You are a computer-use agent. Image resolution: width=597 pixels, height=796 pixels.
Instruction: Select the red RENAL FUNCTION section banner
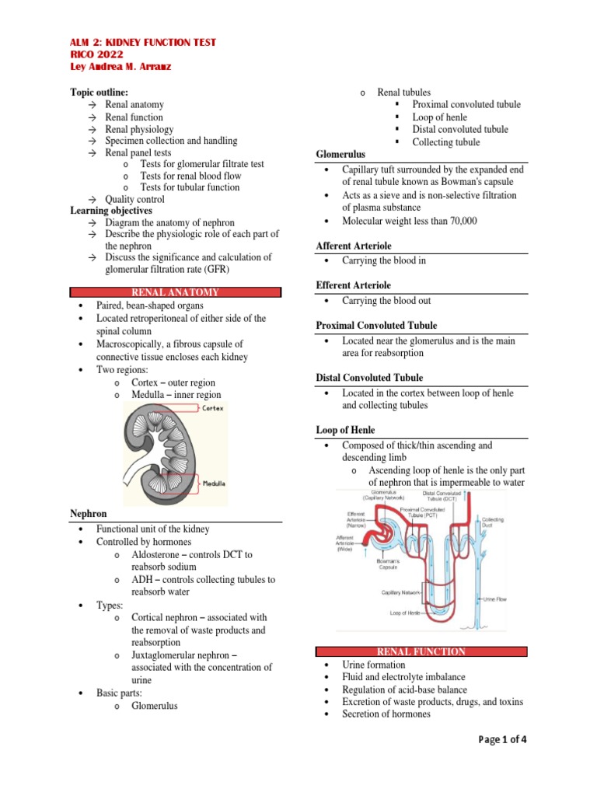pos(421,651)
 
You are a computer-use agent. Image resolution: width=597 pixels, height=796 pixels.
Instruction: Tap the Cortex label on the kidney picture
pos(212,408)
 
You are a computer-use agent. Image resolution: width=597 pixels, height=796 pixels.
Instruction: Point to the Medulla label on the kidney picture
pos(214,483)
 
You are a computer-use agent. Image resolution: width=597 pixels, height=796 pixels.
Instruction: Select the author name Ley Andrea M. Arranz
pos(120,67)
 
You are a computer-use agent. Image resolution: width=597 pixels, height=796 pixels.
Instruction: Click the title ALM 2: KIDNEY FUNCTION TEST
pos(144,42)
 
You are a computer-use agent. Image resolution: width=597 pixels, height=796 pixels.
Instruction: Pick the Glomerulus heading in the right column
pos(340,155)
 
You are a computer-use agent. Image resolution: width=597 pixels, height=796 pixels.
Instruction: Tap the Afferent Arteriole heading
pos(351,246)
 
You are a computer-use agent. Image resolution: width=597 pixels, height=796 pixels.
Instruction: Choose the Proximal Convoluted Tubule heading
pos(376,325)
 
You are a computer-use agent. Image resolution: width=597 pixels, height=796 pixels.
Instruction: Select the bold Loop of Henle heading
pos(345,430)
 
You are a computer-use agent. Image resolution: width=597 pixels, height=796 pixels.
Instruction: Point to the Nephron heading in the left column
pos(89,514)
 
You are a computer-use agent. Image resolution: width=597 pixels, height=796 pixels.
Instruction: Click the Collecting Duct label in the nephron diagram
pos(493,522)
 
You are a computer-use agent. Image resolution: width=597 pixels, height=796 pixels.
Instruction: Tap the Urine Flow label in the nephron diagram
pos(496,599)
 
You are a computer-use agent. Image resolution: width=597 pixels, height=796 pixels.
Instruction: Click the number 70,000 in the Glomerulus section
pos(457,221)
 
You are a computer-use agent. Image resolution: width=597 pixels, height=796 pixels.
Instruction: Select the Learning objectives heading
pos(111,211)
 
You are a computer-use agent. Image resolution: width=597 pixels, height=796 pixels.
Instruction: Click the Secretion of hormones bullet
pos(386,714)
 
